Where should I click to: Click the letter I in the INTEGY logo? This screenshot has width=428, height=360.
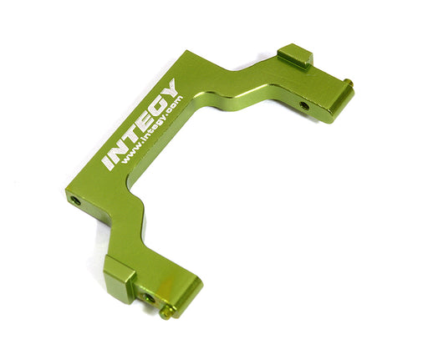[107, 163]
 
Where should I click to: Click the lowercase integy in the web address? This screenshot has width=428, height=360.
[154, 128]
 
